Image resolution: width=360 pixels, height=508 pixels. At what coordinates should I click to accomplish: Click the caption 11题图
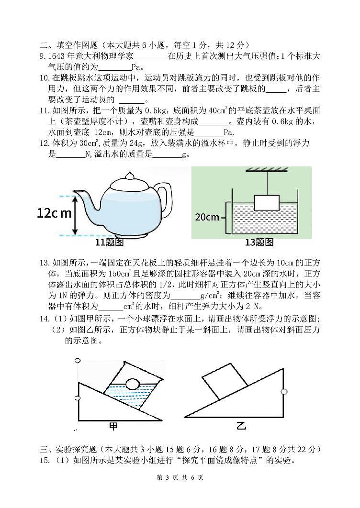pyautogui.click(x=109, y=243)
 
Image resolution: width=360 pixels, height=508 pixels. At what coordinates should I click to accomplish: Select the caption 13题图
pyautogui.click(x=259, y=243)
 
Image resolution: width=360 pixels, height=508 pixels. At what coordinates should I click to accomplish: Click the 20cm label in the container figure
pyautogui.click(x=206, y=217)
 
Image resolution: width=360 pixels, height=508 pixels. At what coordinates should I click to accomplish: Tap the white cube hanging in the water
pyautogui.click(x=266, y=203)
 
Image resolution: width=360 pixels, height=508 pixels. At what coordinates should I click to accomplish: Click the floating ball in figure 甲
pyautogui.click(x=132, y=383)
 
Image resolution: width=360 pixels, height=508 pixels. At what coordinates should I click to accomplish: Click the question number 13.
pyautogui.click(x=45, y=262)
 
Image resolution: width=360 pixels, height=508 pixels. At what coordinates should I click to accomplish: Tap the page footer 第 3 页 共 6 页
pyautogui.click(x=180, y=491)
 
